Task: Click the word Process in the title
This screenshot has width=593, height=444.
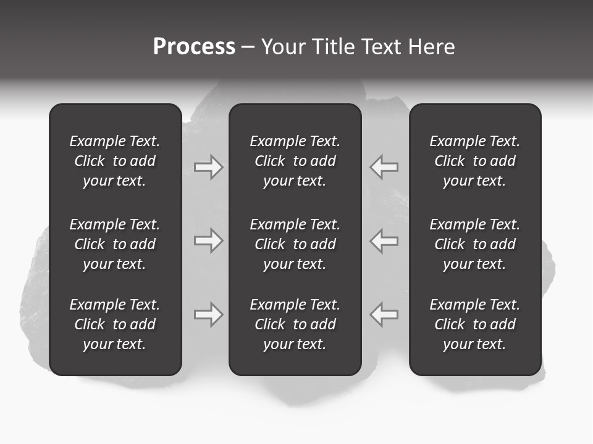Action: pos(194,47)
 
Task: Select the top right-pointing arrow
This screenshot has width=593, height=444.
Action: pos(209,166)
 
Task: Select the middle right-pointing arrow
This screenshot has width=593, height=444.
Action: pos(209,240)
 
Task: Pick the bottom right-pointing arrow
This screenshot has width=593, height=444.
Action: pos(209,314)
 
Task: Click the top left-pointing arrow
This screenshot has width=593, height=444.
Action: pos(384,166)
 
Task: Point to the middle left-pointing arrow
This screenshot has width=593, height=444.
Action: pos(384,240)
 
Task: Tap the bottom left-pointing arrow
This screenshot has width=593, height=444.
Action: pos(384,314)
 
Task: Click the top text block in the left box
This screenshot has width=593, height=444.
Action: pos(115,161)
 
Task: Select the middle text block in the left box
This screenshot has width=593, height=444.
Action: pos(115,244)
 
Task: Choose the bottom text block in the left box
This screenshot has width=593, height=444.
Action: pos(115,324)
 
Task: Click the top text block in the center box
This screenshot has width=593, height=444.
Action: pos(295,161)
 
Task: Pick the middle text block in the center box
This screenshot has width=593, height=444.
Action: pos(295,244)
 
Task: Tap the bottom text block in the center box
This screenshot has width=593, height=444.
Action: pos(295,324)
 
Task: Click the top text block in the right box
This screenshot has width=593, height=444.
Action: pos(475,161)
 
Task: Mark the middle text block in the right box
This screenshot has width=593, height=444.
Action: pos(475,244)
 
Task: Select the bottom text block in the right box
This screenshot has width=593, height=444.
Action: pos(475,324)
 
